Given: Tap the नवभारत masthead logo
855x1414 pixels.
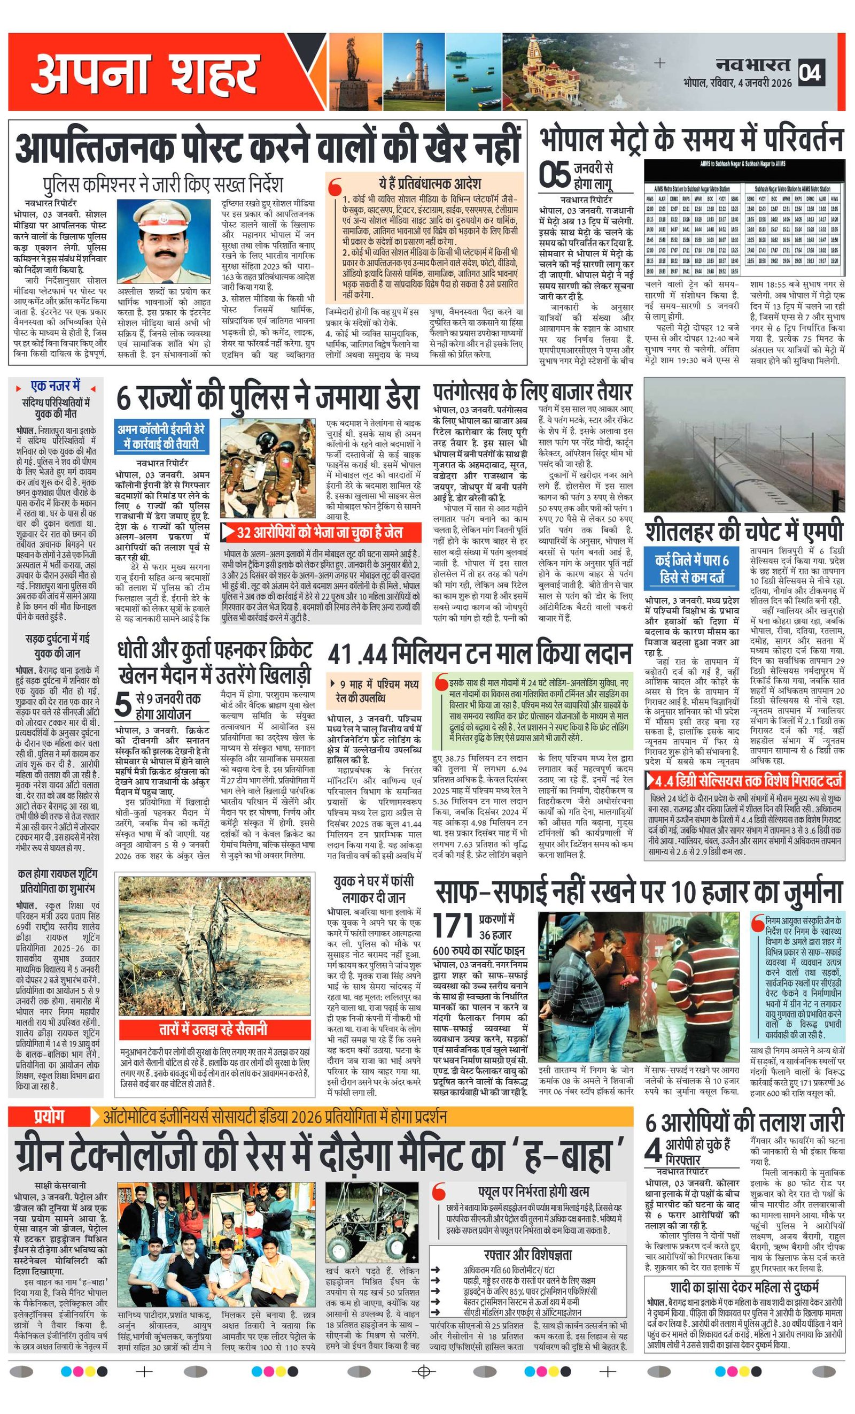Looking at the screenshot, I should point(752,64).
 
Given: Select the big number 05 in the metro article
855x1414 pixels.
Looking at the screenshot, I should point(555,175).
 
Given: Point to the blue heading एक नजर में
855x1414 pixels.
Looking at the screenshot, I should point(56,386).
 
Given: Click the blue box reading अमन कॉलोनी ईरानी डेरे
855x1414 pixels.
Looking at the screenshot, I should point(161,437).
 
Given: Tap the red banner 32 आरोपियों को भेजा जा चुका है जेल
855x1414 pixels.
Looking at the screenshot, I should point(320,533).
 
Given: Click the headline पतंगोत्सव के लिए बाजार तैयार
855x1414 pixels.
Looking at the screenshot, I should point(532,392).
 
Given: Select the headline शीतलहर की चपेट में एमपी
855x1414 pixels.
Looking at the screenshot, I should point(744,531).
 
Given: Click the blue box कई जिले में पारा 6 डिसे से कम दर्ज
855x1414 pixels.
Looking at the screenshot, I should point(692,568).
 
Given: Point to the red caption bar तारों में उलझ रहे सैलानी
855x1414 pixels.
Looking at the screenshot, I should point(213,1028).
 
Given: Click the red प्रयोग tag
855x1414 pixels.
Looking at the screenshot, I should point(49,1117).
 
